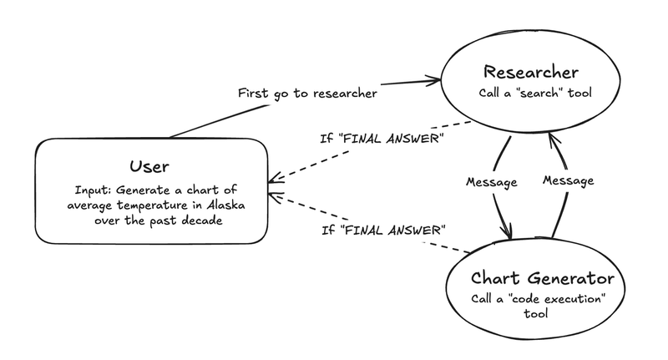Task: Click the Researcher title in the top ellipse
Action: [531, 72]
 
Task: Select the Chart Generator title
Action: [542, 278]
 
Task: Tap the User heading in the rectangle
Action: [149, 166]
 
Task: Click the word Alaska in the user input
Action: [225, 205]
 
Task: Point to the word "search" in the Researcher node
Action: [539, 93]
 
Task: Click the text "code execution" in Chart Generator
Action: [557, 298]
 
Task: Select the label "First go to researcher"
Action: [307, 94]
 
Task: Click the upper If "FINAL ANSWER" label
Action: [382, 139]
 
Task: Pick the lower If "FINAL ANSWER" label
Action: [383, 230]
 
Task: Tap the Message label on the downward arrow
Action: [492, 182]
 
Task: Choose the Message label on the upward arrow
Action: [569, 180]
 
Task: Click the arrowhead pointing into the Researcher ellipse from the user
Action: [437, 79]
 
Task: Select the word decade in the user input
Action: [202, 221]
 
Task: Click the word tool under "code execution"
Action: [535, 313]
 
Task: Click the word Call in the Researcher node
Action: [488, 93]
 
